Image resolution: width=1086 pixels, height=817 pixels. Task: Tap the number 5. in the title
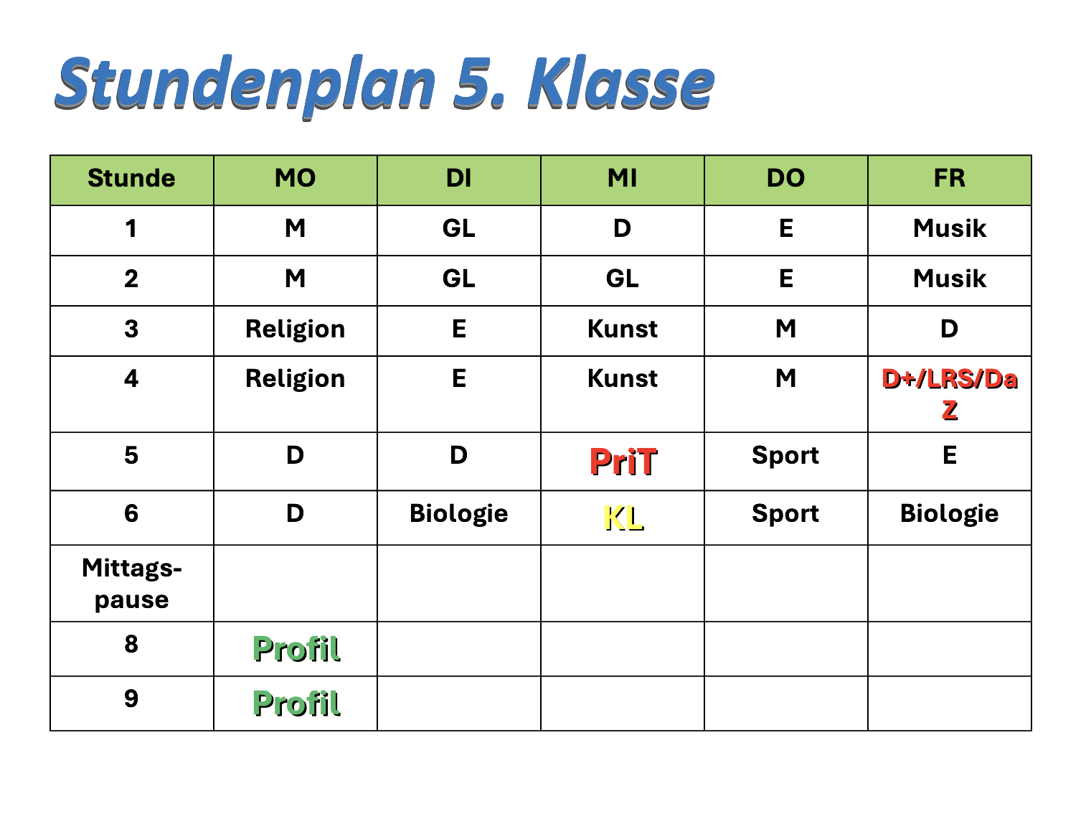(x=480, y=82)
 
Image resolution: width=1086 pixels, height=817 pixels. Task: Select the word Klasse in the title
(x=621, y=82)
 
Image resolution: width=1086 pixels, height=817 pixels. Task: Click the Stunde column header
(x=131, y=178)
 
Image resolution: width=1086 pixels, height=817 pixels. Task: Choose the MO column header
(x=295, y=178)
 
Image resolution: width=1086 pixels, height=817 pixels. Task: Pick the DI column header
(x=458, y=178)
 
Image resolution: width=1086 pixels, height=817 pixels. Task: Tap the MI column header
(x=622, y=178)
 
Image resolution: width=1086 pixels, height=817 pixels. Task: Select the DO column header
(x=785, y=178)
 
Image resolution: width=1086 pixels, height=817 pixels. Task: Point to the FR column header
(x=949, y=178)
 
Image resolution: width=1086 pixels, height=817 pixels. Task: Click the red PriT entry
(x=622, y=461)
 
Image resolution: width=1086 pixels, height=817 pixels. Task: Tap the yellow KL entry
(x=622, y=518)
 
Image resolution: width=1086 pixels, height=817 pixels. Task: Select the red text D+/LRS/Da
(x=948, y=378)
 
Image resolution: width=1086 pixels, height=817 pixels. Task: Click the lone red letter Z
(x=948, y=410)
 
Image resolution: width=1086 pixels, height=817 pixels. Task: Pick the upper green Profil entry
(x=295, y=648)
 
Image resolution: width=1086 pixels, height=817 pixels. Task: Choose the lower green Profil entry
(x=295, y=703)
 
